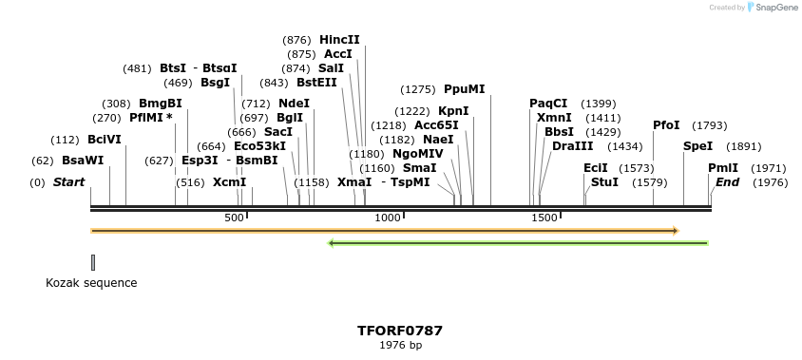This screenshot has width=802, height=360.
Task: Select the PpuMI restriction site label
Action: [464, 89]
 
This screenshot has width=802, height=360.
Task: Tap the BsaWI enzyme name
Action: [83, 161]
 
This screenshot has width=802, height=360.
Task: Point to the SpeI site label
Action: [697, 146]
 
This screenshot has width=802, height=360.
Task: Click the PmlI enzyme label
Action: [723, 168]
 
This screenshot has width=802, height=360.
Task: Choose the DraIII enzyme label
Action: [572, 146]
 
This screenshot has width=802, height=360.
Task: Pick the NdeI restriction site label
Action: [294, 104]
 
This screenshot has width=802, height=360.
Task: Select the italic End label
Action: [727, 182]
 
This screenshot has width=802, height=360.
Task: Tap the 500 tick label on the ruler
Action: [234, 218]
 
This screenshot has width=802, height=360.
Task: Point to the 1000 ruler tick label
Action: [388, 218]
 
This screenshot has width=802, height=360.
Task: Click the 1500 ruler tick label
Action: [544, 218]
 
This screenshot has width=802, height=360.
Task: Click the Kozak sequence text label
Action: [91, 283]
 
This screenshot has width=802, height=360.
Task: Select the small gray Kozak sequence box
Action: [93, 262]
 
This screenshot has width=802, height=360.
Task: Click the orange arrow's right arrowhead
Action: [675, 230]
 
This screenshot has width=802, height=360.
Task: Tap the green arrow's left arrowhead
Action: [331, 243]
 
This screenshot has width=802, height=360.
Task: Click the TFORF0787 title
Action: [400, 332]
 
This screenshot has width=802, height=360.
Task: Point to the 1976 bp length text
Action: [400, 346]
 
